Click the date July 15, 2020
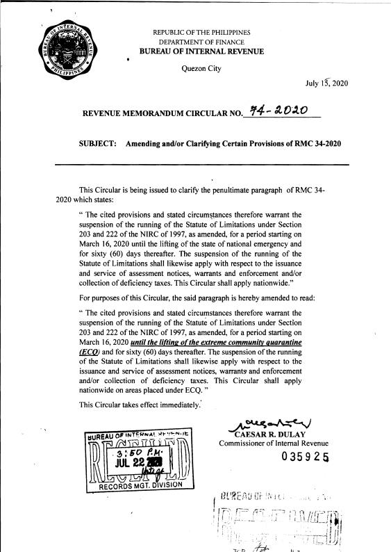(326, 84)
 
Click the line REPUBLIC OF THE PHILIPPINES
(197, 33)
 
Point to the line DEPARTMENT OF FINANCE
(196, 42)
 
